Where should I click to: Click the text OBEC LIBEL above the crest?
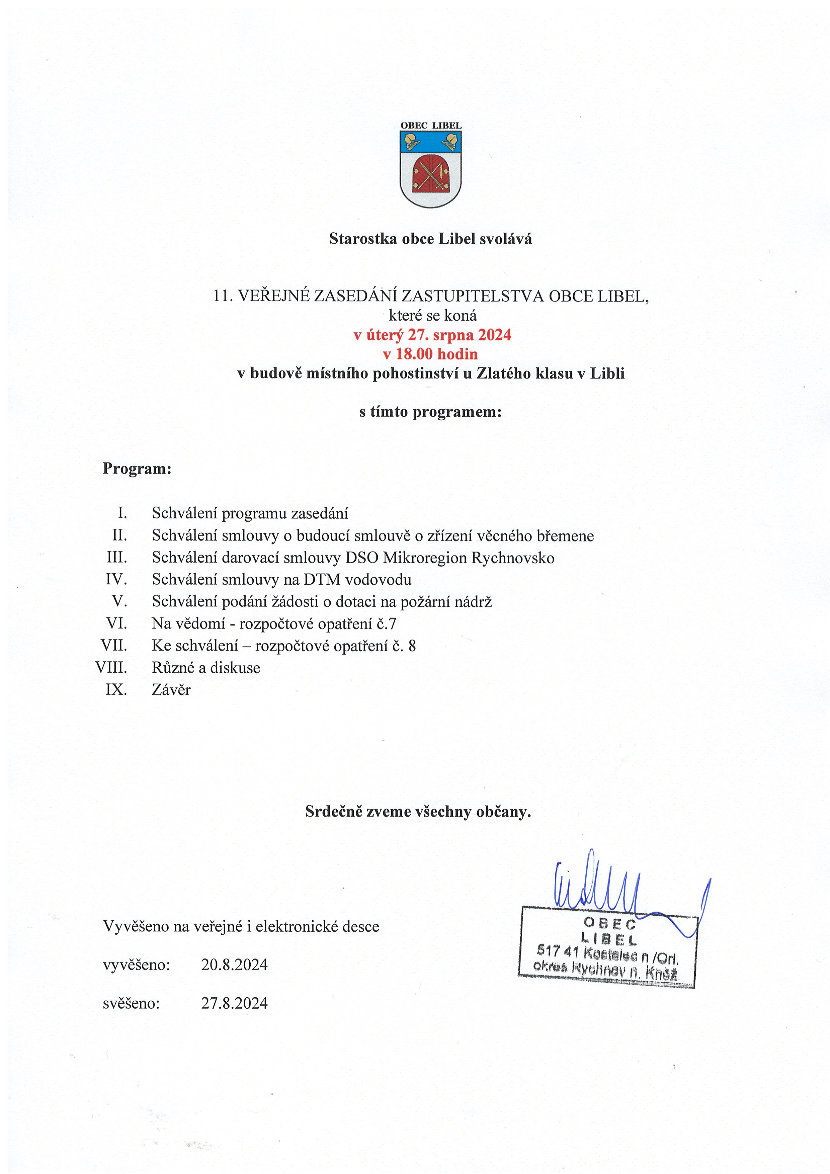pos(431,125)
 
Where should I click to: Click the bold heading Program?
pos(137,469)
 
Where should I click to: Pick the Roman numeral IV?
pos(116,579)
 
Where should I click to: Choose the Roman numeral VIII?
pos(111,667)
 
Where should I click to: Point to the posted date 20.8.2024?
pos(234,965)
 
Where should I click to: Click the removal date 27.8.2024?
pos(234,1003)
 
